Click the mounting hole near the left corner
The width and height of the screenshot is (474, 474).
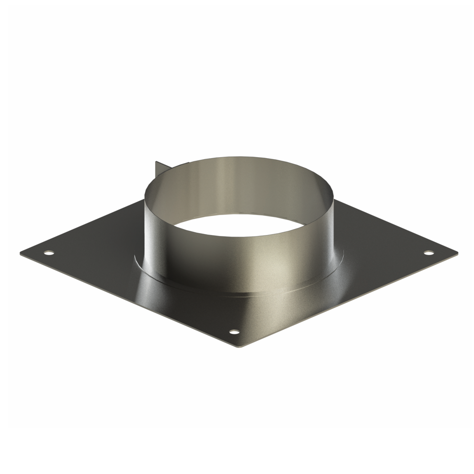pos(48,252)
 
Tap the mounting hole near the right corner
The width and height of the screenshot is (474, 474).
pos(429,252)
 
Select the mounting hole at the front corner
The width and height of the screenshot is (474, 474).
pos(234,332)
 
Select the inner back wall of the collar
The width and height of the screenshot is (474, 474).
pos(239,185)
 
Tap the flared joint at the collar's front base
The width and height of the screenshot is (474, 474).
pos(239,292)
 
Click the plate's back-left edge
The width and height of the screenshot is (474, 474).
pos(85,225)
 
